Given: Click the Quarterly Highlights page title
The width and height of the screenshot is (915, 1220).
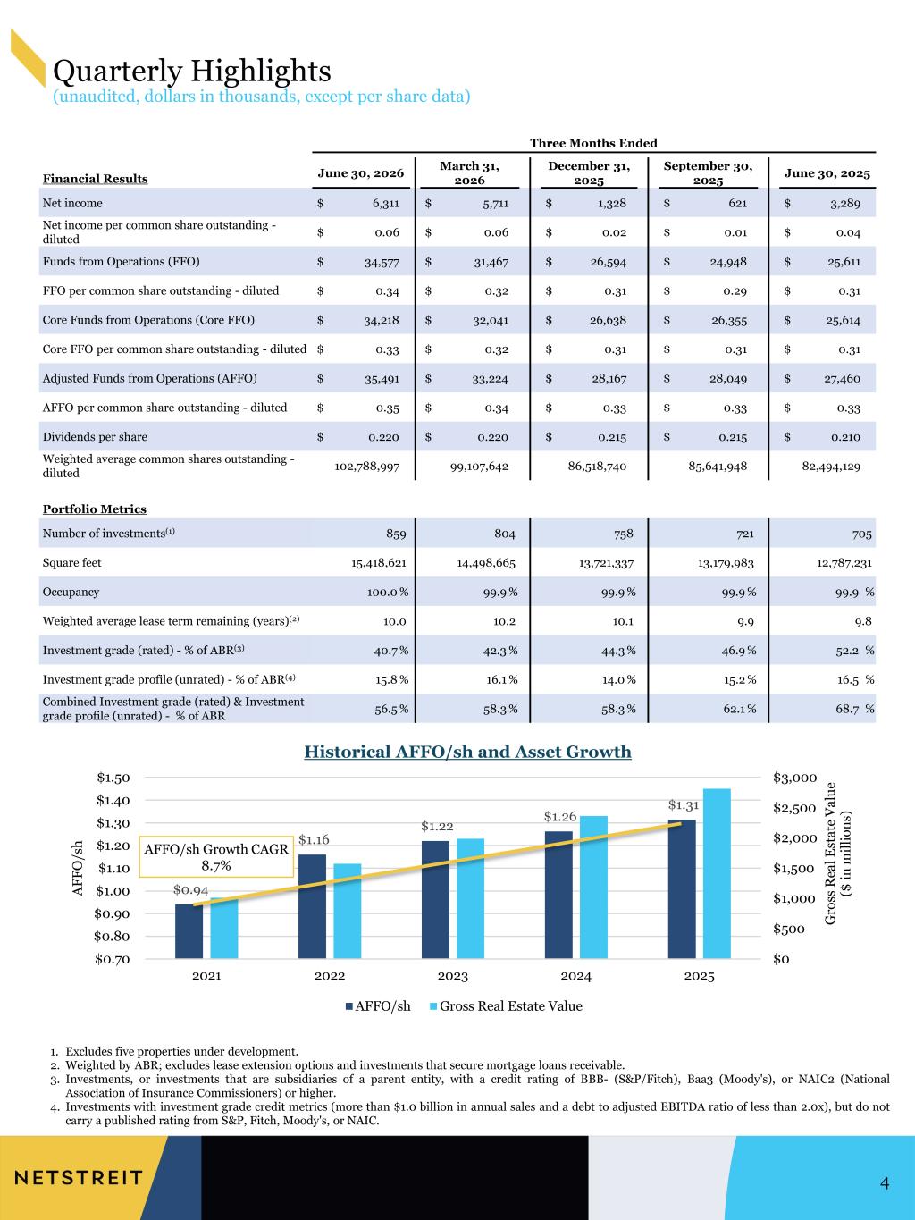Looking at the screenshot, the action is (191, 72).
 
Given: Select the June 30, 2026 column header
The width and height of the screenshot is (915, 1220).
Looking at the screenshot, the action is (361, 173).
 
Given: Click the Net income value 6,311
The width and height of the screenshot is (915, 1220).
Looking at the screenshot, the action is (385, 204).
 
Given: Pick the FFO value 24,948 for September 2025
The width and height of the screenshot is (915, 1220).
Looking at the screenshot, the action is (727, 262).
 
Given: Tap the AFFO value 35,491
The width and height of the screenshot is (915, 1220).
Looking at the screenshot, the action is (382, 379).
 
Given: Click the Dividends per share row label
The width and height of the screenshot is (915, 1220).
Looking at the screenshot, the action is (95, 437).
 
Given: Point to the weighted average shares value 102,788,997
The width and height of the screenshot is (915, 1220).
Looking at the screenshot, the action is (366, 467).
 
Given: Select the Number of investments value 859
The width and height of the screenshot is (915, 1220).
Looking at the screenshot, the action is (396, 534).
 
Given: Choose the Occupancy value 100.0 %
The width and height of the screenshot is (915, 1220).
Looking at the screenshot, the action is (387, 593).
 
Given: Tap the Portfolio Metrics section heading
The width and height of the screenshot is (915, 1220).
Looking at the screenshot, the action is (95, 509).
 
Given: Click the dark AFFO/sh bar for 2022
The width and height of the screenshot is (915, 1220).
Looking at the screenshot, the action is (312, 906).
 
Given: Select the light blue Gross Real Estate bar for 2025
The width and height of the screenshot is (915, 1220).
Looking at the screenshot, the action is (717, 874).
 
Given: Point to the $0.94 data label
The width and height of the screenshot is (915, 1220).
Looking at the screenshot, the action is (190, 890).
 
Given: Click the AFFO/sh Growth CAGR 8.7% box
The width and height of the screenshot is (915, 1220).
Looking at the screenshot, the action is (216, 857).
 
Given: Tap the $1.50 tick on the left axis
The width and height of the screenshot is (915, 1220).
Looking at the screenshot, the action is (113, 778).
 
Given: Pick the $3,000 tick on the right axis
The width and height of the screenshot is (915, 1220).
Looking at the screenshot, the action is (795, 778).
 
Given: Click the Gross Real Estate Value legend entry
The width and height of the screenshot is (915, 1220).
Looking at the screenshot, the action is (506, 1006).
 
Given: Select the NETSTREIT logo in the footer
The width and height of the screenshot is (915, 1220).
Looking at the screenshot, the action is (79, 1177).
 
